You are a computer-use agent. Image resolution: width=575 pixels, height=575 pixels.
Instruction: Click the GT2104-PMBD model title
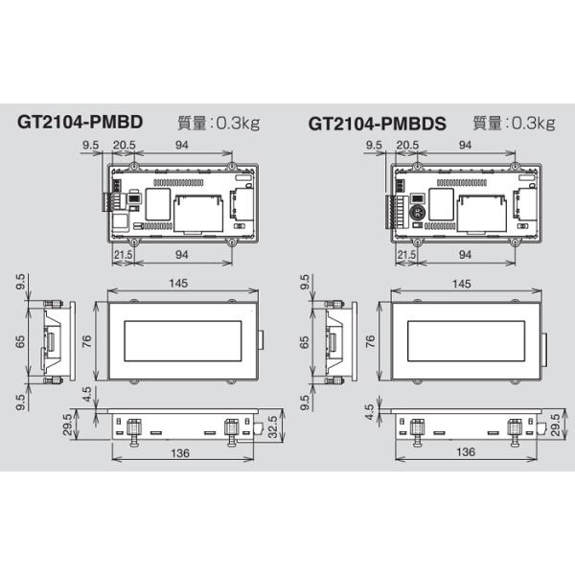click(x=80, y=122)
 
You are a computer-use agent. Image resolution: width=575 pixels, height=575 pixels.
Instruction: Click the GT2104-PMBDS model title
click(x=378, y=124)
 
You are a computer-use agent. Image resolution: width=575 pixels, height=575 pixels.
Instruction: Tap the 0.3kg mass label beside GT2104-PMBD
click(x=238, y=124)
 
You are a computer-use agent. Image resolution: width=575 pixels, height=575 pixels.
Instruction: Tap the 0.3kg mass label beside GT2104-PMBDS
click(x=533, y=124)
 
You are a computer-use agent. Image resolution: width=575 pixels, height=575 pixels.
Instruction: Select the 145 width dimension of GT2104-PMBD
click(x=178, y=283)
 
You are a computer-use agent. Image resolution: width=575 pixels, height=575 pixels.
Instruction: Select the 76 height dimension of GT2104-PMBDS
click(x=370, y=341)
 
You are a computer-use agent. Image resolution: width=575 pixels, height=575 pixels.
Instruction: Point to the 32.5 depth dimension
click(x=273, y=426)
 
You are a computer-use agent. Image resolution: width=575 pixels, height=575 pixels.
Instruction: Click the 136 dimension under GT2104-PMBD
click(x=180, y=453)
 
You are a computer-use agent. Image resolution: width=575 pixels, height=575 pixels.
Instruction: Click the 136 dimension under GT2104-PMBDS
click(x=466, y=451)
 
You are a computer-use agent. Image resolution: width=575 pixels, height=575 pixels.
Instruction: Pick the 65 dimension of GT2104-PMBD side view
click(x=20, y=341)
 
